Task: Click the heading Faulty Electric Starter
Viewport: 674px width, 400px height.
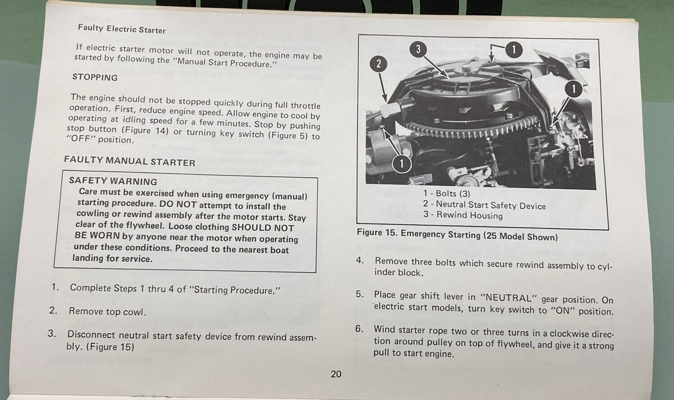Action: pyautogui.click(x=121, y=29)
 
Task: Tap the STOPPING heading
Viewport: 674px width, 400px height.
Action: pyautogui.click(x=95, y=77)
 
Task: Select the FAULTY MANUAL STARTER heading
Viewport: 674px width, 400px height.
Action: pyautogui.click(x=129, y=161)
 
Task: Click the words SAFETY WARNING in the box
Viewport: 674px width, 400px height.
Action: pyautogui.click(x=113, y=181)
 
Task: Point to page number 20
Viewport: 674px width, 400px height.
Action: pyautogui.click(x=336, y=374)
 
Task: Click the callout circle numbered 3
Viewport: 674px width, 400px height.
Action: pyautogui.click(x=418, y=49)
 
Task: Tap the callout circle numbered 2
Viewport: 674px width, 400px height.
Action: pyautogui.click(x=378, y=64)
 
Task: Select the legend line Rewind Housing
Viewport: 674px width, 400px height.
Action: pyautogui.click(x=463, y=215)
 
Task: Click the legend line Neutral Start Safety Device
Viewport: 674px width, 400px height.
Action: pyautogui.click(x=484, y=205)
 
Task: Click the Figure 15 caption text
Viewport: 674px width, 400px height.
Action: pyautogui.click(x=457, y=234)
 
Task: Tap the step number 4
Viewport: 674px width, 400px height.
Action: pyautogui.click(x=360, y=260)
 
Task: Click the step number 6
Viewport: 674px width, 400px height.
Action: pyautogui.click(x=359, y=329)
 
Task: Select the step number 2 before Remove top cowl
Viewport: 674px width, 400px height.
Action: pyautogui.click(x=53, y=310)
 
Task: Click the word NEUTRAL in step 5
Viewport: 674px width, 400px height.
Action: pyautogui.click(x=506, y=298)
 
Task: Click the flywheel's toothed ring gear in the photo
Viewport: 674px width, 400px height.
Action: pyautogui.click(x=471, y=130)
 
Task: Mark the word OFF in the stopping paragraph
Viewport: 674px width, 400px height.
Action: pyautogui.click(x=80, y=139)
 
